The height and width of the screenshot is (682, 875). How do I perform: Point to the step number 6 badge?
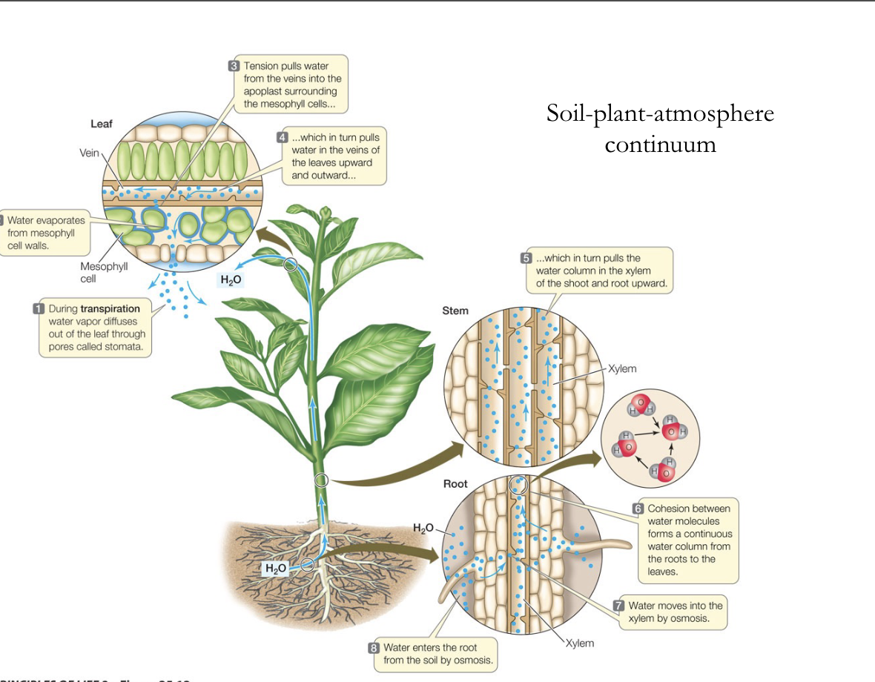pyautogui.click(x=637, y=509)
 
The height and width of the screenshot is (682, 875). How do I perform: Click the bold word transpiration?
pyautogui.click(x=110, y=308)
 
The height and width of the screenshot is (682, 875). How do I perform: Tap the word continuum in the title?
pyautogui.click(x=660, y=143)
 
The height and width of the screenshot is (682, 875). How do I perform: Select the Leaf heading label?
pyautogui.click(x=102, y=124)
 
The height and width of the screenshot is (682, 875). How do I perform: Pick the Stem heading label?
pyautogui.click(x=455, y=311)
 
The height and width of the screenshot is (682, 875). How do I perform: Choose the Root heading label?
pyautogui.click(x=455, y=484)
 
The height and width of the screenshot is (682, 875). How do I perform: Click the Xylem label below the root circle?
pyautogui.click(x=580, y=643)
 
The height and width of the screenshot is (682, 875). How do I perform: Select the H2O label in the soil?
pyautogui.click(x=275, y=569)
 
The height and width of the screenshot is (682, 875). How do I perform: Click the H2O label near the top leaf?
pyautogui.click(x=230, y=279)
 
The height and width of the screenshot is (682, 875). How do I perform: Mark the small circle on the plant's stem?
pyautogui.click(x=321, y=480)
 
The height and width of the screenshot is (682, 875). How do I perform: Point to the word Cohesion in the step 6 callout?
pyautogui.click(x=670, y=509)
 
